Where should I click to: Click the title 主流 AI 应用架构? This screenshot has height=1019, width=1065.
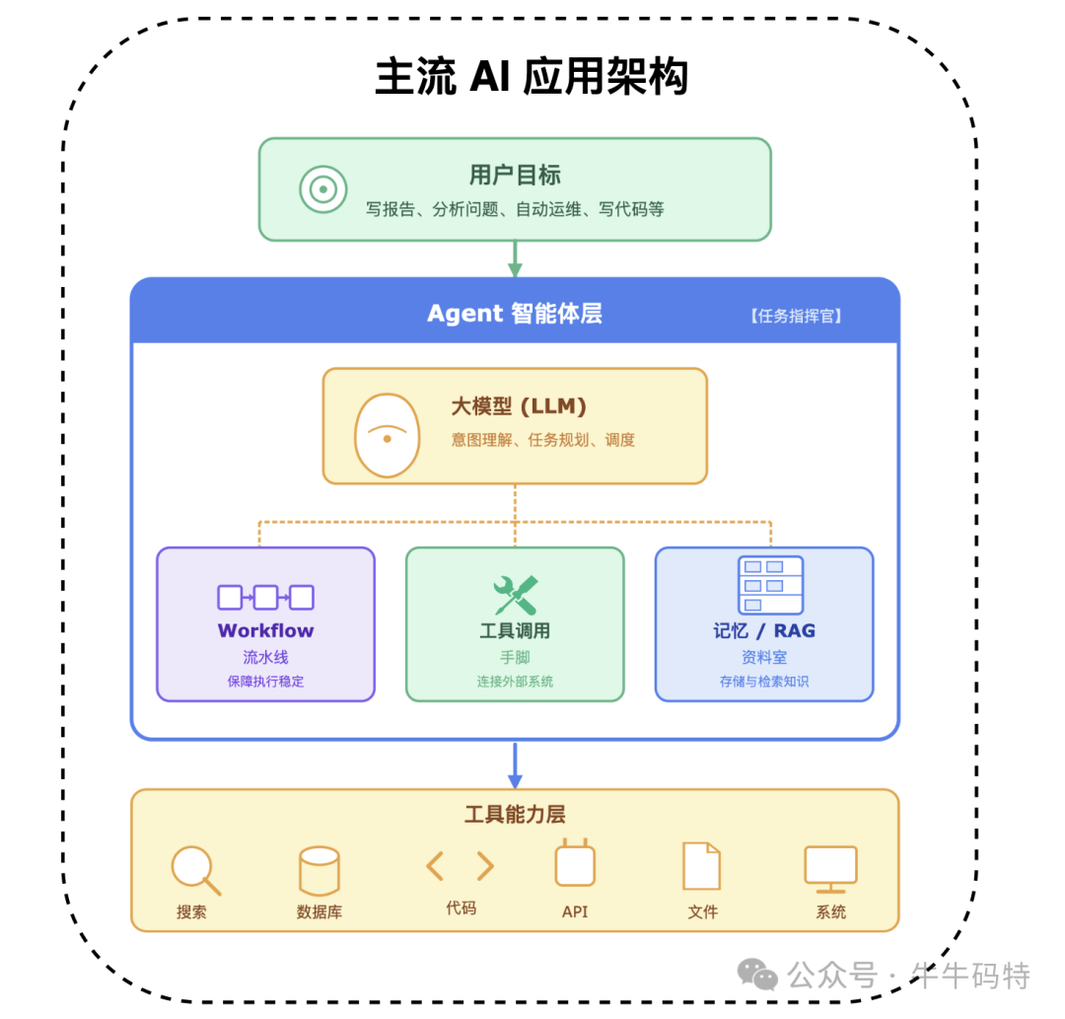532,78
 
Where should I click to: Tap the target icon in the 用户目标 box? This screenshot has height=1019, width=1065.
323,189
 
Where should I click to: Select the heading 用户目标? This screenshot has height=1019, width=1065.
515,176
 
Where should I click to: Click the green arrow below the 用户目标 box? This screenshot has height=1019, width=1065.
514,258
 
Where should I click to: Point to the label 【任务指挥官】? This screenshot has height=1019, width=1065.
798,317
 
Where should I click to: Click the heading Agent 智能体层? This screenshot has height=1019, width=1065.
514,314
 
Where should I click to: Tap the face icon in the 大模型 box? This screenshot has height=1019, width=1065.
388,435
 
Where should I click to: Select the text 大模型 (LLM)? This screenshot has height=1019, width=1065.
519,406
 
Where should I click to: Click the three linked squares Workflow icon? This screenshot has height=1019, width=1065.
265,598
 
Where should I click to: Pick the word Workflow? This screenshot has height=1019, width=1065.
265,630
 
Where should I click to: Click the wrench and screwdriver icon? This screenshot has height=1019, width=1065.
515,595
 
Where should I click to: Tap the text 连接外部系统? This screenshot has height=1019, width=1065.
515,682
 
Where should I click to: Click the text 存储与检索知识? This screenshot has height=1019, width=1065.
764,682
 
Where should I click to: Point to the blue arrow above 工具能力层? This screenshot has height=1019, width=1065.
514,764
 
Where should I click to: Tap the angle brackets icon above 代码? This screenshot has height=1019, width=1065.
461,866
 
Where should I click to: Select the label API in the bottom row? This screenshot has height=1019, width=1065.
574,912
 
